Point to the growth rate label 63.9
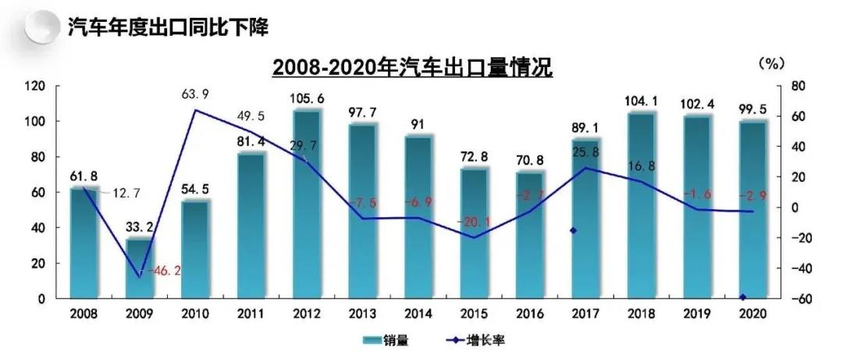click(195, 94)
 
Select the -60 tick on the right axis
click(788, 299)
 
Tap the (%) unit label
click(770, 61)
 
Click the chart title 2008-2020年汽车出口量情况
click(412, 68)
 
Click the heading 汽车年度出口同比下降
click(169, 29)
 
